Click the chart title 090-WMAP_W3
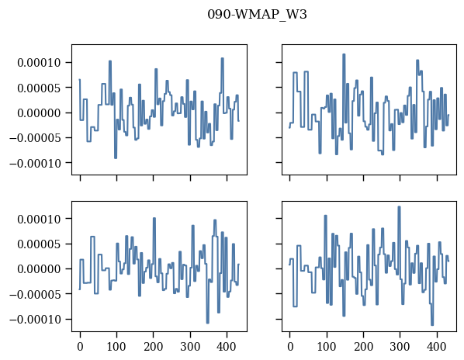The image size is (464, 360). (x=257, y=15)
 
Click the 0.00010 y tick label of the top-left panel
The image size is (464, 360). (x=39, y=63)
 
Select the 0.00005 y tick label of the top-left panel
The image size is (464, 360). (x=39, y=88)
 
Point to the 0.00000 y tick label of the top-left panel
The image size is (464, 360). (x=39, y=113)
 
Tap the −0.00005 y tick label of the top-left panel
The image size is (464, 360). (x=35, y=138)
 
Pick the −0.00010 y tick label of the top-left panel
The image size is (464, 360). (x=35, y=163)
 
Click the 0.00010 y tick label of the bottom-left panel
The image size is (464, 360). (x=39, y=219)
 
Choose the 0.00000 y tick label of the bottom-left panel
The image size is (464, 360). (x=39, y=269)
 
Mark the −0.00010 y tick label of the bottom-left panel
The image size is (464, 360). (x=35, y=319)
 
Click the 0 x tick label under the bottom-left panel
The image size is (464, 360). (x=80, y=346)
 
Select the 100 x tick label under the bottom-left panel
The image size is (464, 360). (x=116, y=346)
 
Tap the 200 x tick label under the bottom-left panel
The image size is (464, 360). (x=154, y=346)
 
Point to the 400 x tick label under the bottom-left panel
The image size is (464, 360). (x=227, y=346)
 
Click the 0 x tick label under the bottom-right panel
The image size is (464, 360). (x=290, y=346)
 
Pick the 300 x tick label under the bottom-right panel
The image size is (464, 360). (x=400, y=346)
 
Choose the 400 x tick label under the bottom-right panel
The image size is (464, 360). (x=437, y=346)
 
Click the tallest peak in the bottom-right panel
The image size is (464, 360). (x=399, y=207)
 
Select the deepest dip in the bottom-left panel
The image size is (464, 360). (x=208, y=323)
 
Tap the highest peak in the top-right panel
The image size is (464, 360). (x=344, y=54)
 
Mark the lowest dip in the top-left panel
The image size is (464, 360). (x=116, y=158)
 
